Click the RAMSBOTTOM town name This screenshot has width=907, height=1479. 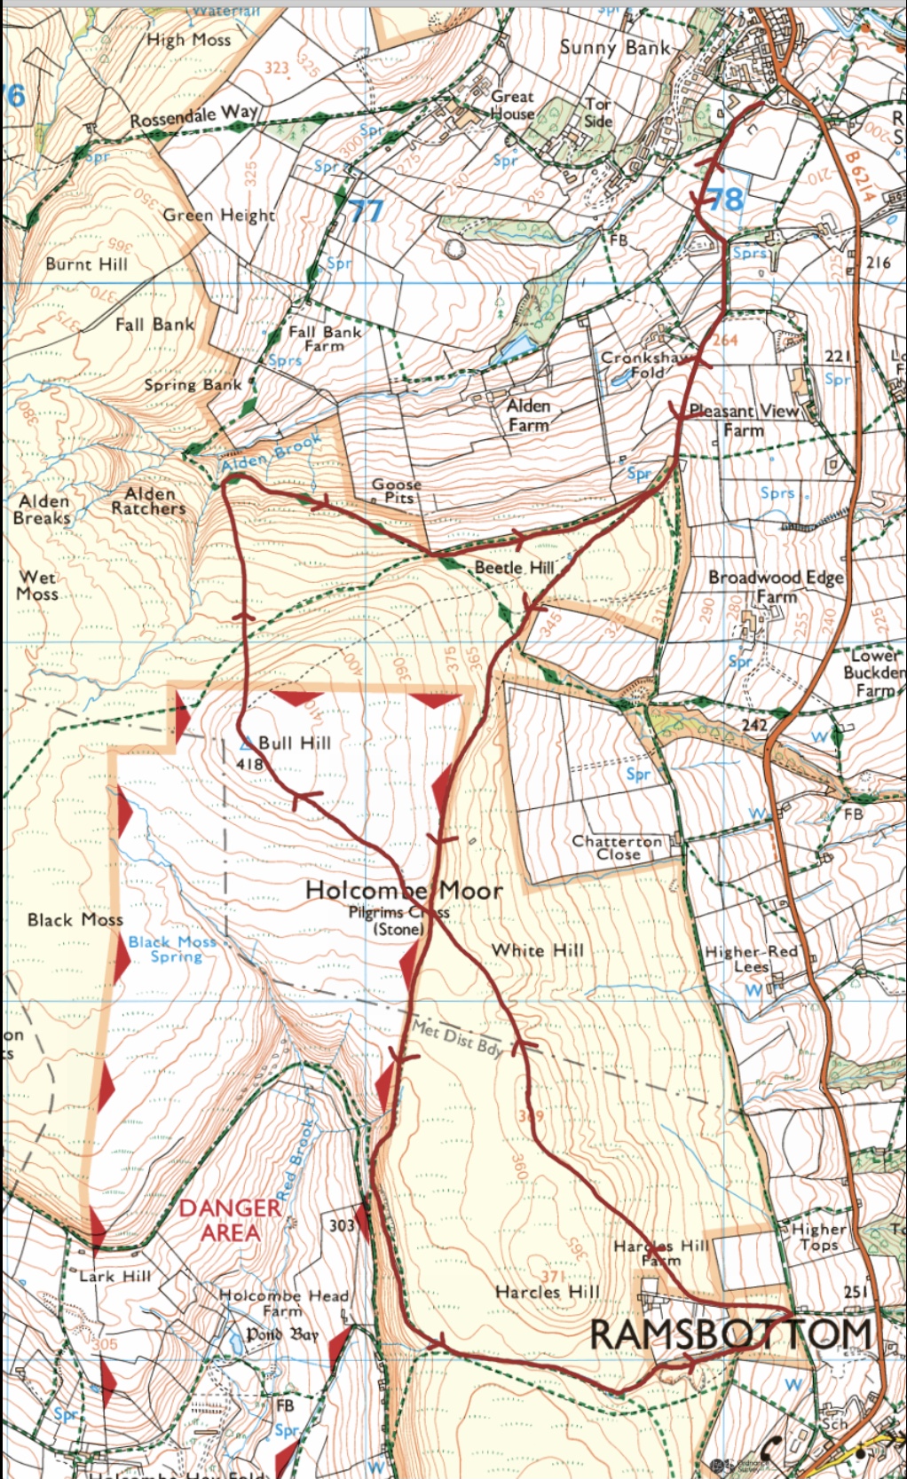[x=730, y=1333]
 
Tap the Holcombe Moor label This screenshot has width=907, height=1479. [x=404, y=890]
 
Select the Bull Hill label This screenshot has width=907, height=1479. [x=294, y=743]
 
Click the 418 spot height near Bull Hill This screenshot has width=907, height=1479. [x=249, y=763]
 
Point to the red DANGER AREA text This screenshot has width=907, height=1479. [x=229, y=1220]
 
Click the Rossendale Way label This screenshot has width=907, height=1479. [x=193, y=115]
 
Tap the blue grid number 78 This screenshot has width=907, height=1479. [x=725, y=199]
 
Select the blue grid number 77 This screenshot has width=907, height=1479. [x=366, y=211]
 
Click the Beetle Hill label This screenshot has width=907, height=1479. [x=514, y=567]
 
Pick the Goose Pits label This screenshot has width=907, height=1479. [x=396, y=491]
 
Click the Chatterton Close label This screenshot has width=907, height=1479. [x=617, y=847]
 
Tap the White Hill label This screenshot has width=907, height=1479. [x=538, y=950]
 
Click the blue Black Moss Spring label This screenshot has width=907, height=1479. [x=172, y=948]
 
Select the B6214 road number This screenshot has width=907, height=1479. [x=858, y=176]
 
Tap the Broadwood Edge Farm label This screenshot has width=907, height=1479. [x=776, y=586]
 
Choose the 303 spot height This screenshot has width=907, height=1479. [x=342, y=1225]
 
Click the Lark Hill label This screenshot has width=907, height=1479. [x=115, y=1276]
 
